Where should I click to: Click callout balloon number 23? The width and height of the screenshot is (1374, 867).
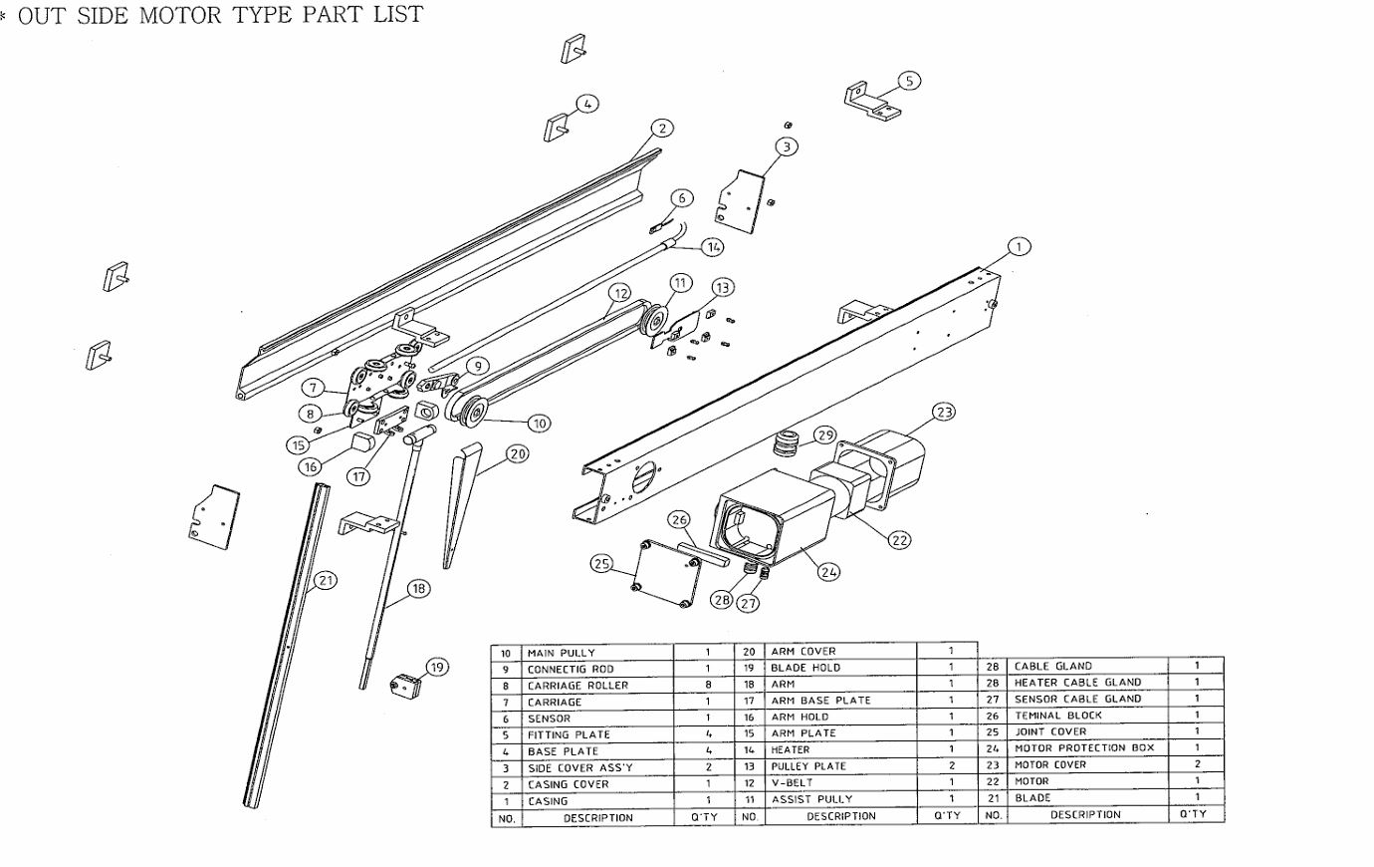943,412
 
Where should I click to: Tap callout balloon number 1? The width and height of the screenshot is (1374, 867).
1019,246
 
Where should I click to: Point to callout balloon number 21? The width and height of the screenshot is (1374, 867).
326,580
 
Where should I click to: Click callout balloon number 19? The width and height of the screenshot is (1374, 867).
437,667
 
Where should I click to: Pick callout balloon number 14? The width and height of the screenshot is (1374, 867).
712,246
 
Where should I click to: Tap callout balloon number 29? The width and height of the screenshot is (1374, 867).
825,434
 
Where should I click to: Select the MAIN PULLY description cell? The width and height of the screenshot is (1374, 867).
597,653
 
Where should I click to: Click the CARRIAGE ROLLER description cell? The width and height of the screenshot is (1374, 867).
597,686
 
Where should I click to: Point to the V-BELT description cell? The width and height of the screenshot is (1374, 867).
840,782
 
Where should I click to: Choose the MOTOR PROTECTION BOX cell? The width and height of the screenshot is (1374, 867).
1085,747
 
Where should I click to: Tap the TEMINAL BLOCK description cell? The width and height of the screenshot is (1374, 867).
1085,715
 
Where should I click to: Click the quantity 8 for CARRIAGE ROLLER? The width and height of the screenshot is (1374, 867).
708,686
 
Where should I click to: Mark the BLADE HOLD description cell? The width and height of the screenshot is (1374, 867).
840,668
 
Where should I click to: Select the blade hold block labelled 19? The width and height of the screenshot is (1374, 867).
405,685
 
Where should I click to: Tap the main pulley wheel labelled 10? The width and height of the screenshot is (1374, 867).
469,411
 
